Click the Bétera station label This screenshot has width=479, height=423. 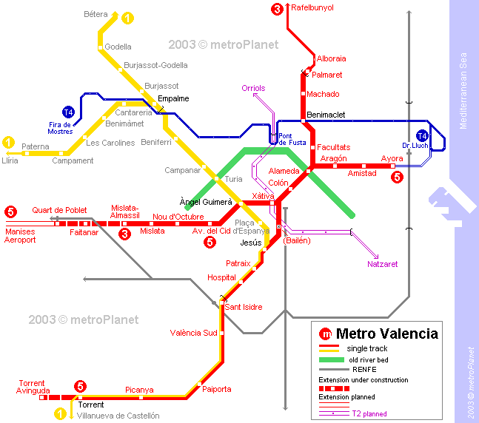point(96,14)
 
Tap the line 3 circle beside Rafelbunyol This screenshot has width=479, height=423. point(277,9)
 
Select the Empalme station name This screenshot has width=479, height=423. point(173,98)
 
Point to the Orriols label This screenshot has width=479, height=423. point(253,89)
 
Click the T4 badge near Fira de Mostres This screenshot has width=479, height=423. point(68,112)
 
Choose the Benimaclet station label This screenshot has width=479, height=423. point(326,115)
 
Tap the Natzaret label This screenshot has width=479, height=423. point(382,263)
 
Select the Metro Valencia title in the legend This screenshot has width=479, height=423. point(386,334)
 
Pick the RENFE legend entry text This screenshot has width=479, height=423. point(364,368)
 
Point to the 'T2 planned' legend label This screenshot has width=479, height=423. point(369,414)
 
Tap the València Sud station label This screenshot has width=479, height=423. point(193,333)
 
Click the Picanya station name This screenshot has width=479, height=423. point(139,390)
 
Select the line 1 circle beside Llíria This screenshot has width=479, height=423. point(9,141)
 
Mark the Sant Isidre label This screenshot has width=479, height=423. point(244,307)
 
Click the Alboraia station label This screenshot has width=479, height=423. point(331,58)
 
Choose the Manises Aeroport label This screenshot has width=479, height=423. point(20,235)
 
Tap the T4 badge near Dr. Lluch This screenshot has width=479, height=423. point(422,136)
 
